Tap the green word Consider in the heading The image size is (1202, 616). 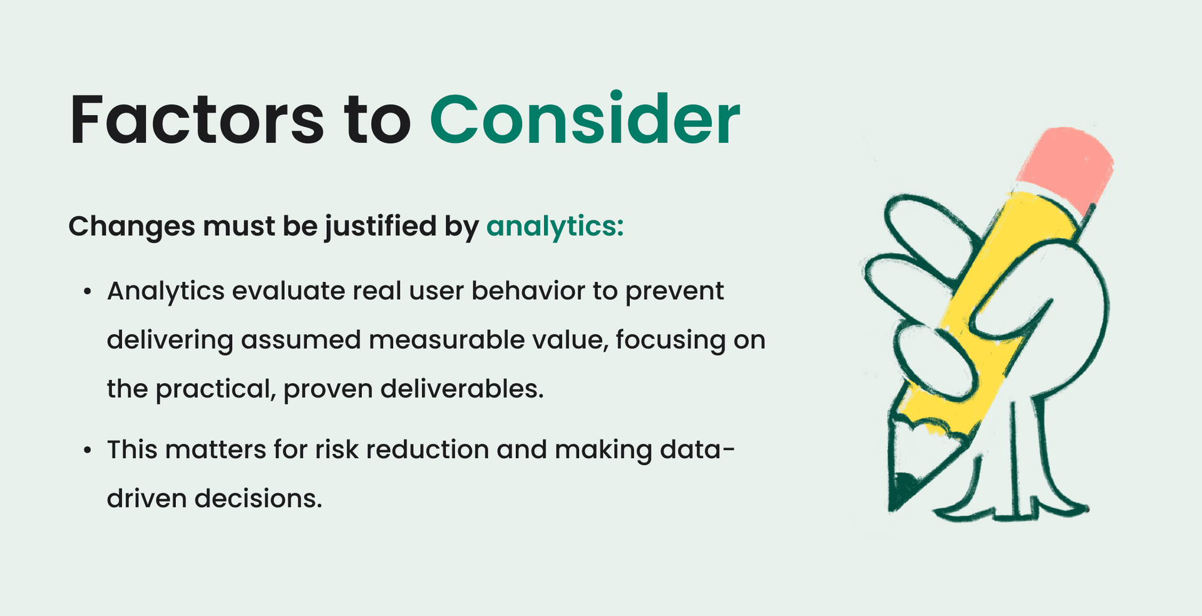[585, 120]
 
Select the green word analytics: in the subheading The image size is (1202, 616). [555, 226]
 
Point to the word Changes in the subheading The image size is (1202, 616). [131, 226]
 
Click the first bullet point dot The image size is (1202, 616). [88, 292]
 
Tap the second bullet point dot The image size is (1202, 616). [88, 450]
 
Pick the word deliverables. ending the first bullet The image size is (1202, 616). [461, 389]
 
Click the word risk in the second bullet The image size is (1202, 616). [337, 449]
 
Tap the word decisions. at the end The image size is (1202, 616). [258, 499]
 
